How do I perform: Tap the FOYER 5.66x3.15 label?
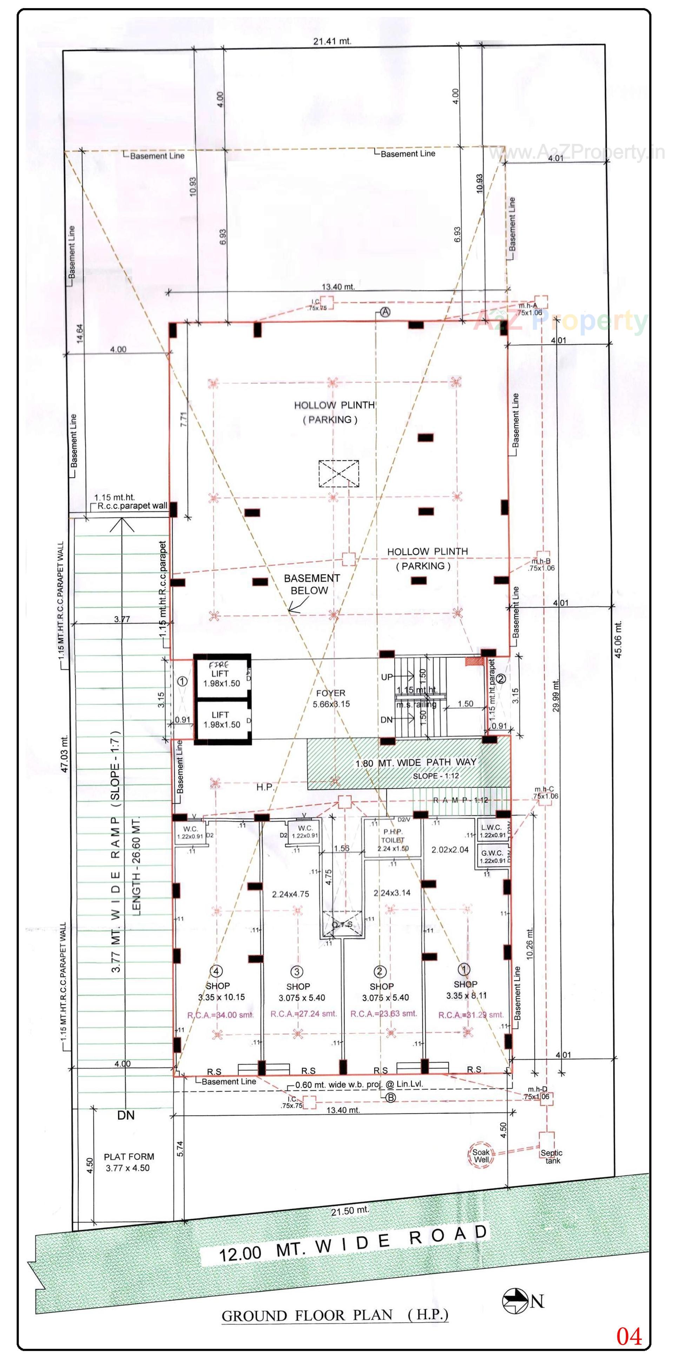coord(331,698)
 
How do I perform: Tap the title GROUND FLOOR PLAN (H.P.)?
coord(335,1315)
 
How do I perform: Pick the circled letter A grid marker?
coord(385,312)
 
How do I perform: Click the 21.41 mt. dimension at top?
coord(332,41)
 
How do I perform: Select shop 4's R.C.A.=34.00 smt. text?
coord(220,1015)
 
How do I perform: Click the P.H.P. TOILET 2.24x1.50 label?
coord(392,840)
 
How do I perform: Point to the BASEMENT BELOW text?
coord(311,584)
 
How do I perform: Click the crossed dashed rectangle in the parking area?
coord(339,473)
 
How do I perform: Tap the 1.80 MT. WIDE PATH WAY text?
coord(416,763)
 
